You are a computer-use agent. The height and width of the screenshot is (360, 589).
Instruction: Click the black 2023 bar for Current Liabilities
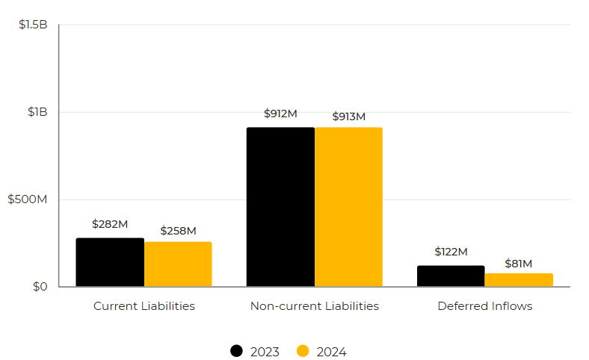(110, 262)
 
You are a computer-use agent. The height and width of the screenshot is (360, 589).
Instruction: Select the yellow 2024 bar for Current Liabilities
(178, 264)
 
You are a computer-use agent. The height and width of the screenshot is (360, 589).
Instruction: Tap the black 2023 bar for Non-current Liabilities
(280, 207)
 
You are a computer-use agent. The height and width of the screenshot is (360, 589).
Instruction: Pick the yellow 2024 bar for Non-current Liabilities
(348, 207)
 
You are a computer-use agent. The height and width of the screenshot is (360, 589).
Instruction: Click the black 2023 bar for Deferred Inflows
(451, 276)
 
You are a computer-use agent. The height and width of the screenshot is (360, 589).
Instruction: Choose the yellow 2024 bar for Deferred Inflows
(519, 280)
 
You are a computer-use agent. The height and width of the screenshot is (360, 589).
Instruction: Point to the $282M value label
(110, 224)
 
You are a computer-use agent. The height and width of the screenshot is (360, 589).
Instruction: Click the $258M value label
(178, 231)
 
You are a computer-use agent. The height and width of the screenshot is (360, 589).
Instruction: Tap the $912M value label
(280, 114)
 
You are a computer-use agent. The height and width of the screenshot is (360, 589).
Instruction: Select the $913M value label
(348, 117)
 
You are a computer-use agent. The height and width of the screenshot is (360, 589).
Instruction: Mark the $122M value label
(451, 252)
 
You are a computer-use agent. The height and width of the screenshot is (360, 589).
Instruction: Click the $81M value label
(519, 264)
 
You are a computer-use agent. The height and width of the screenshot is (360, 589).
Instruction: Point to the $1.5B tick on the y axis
(33, 25)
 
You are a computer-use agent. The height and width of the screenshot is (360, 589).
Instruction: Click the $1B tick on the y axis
(37, 112)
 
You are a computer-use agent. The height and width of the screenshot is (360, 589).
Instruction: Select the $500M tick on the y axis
(28, 199)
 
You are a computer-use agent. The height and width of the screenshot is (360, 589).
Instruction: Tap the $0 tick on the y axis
(40, 287)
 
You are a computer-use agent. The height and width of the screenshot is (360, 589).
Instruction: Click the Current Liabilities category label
(144, 306)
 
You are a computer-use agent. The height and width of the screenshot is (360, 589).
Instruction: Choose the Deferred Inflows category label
(485, 306)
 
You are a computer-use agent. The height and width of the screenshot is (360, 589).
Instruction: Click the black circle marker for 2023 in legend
(237, 351)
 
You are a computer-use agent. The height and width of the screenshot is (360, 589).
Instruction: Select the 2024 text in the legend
(331, 352)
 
